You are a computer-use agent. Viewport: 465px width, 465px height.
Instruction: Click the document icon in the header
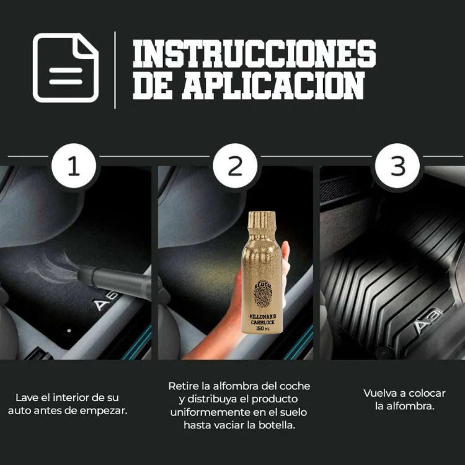pos(65,68)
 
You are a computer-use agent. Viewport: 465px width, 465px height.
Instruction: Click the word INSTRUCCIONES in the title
pos(254,54)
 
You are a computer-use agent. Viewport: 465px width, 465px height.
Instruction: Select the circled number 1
pos(74,167)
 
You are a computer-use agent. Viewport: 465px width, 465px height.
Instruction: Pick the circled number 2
pos(235,167)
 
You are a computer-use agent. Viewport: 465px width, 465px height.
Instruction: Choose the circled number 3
pos(397,167)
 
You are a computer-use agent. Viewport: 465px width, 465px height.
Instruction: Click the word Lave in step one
pos(27,397)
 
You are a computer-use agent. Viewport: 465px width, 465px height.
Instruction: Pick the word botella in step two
pos(277,425)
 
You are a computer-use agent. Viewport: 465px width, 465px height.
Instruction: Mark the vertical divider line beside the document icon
pos(115,69)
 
